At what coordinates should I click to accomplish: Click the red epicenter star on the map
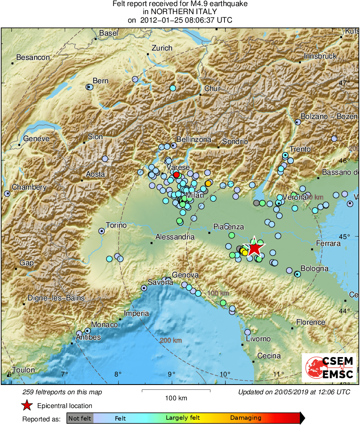pos(254,247)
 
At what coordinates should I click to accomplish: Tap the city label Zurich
pos(162,48)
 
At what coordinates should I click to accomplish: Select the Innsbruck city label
pos(320,56)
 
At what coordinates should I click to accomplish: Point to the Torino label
pos(116,225)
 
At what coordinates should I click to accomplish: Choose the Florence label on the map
pos(311,322)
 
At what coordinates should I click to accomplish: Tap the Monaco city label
pos(104,325)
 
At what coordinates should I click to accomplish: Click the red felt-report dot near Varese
pos(176,175)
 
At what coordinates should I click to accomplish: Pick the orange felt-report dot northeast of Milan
pos(208,183)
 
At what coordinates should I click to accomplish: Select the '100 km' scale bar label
pos(176,398)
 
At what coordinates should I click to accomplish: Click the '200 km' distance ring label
pos(171,340)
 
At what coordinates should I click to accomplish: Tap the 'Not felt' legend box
pos(80,418)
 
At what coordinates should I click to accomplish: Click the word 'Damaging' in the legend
pos(246,418)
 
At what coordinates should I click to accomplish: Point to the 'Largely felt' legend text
pos(183,418)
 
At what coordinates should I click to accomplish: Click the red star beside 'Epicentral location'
pos(27,406)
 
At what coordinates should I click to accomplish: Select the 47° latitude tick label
pos(344,83)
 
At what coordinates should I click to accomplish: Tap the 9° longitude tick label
pos(172,373)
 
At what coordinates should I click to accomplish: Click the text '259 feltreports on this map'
pos(62,392)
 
